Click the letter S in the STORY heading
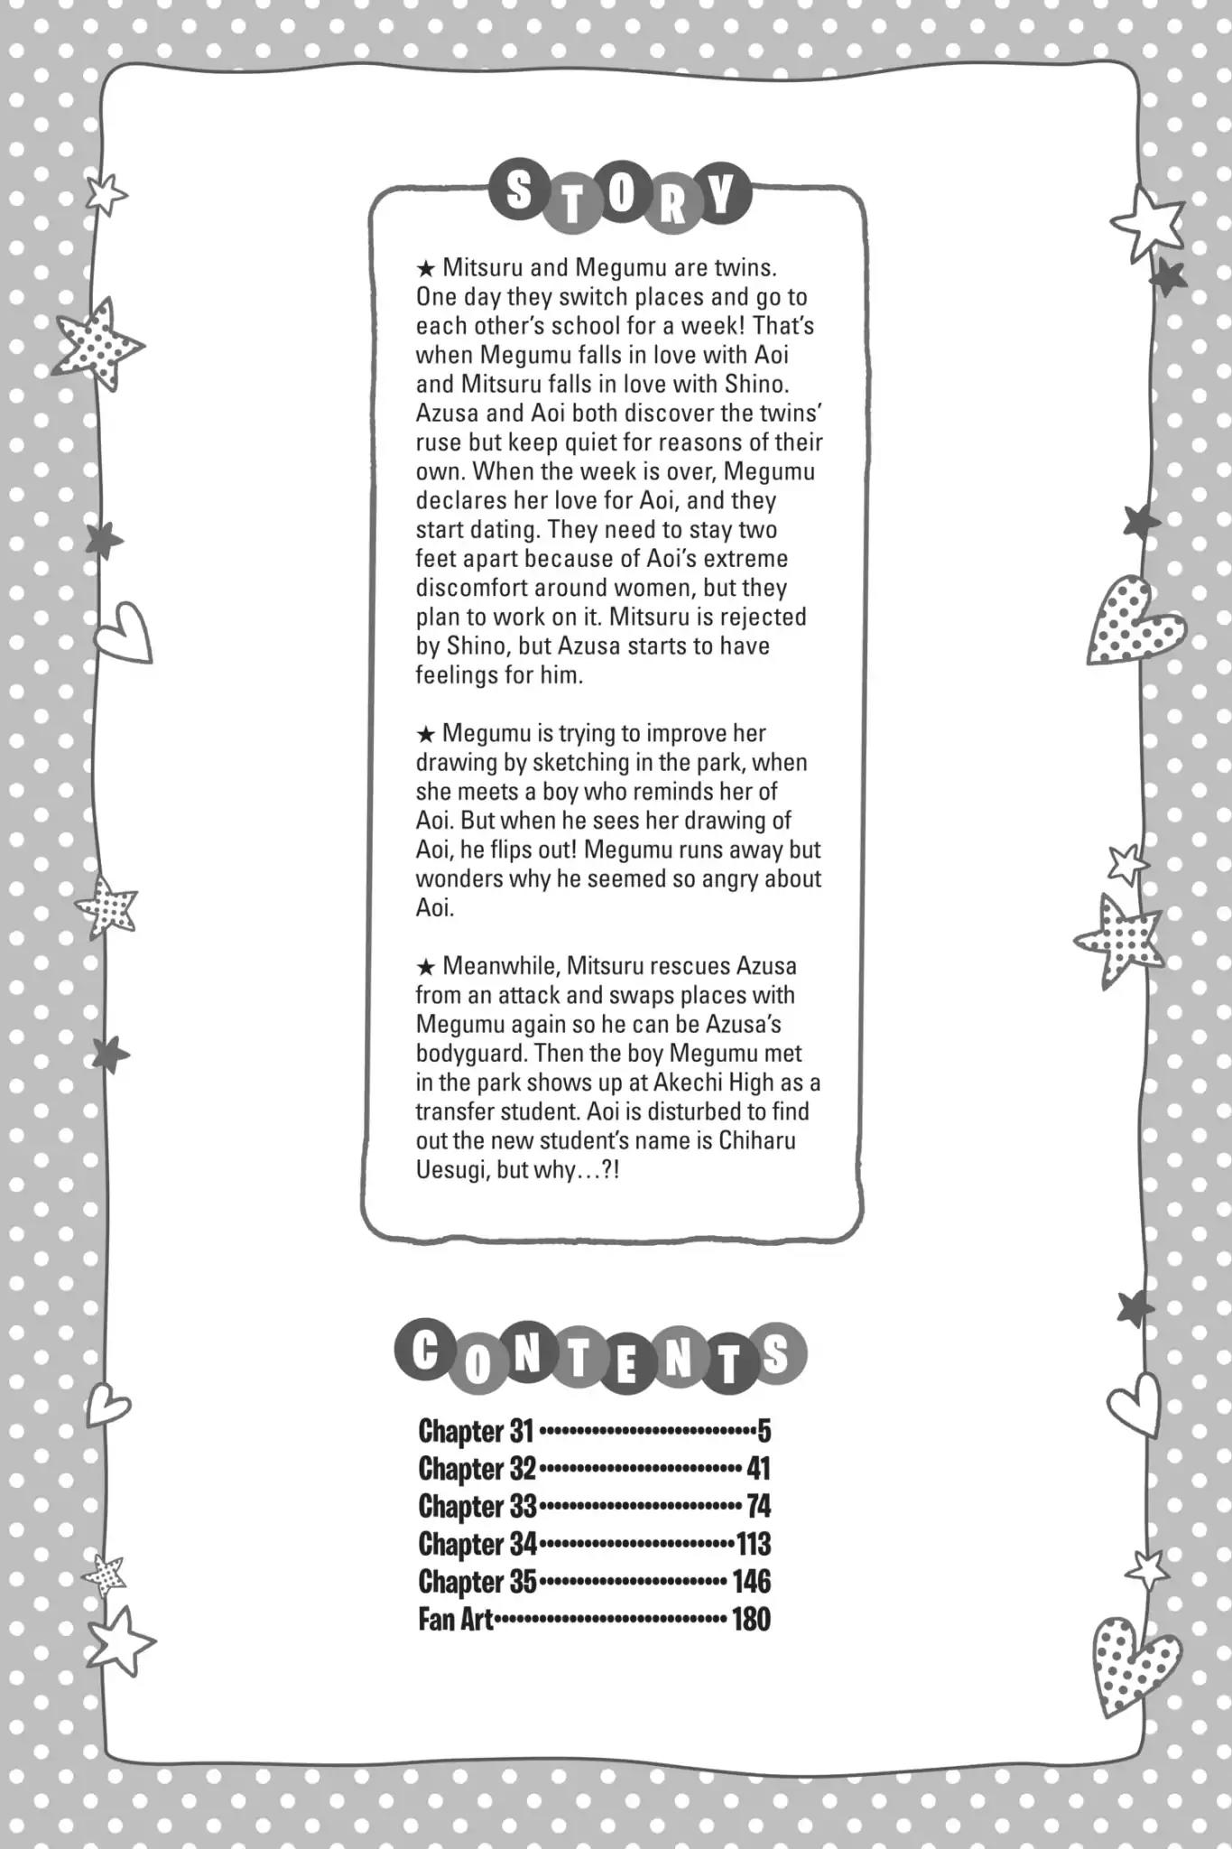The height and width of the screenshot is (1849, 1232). click(518, 192)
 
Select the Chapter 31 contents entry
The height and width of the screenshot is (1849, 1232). click(477, 1431)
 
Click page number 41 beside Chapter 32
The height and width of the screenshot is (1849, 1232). click(758, 1469)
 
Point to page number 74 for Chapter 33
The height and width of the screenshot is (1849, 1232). click(758, 1506)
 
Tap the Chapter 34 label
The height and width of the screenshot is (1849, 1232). click(477, 1544)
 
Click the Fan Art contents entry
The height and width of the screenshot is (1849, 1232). click(456, 1619)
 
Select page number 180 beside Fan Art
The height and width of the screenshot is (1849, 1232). click(751, 1619)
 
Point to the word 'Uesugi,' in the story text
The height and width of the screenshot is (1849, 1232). click(447, 1170)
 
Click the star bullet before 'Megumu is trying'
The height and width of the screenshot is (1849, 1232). click(426, 734)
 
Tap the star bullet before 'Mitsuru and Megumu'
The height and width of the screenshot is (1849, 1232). click(426, 268)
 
